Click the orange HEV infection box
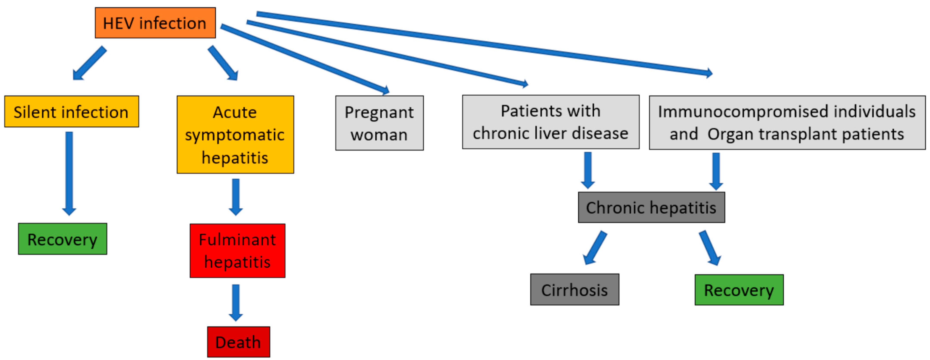click(155, 23)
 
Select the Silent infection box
click(71, 112)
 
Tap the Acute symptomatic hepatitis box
click(235, 135)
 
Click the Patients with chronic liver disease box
click(550, 122)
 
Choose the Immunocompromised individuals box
click(787, 123)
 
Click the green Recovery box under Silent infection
click(62, 239)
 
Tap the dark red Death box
click(238, 342)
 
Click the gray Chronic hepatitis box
click(651, 208)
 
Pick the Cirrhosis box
click(574, 290)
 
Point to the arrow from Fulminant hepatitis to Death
click(236, 303)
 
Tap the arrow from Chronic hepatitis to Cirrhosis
click(595, 248)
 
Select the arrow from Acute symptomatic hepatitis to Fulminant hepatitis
click(236, 197)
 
